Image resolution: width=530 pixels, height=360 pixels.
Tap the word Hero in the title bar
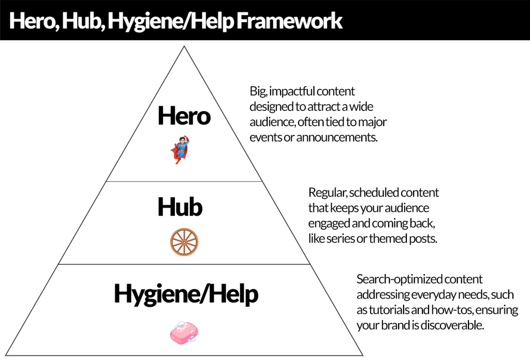pos(32,21)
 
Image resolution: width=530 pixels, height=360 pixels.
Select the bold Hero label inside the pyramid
pos(184,116)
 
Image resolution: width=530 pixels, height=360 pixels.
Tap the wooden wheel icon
pos(184,241)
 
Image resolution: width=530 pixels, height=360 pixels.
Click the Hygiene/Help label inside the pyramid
pos(186,294)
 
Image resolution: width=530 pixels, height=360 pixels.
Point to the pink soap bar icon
pos(184,333)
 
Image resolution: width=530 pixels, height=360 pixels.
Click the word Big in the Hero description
pos(258,92)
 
